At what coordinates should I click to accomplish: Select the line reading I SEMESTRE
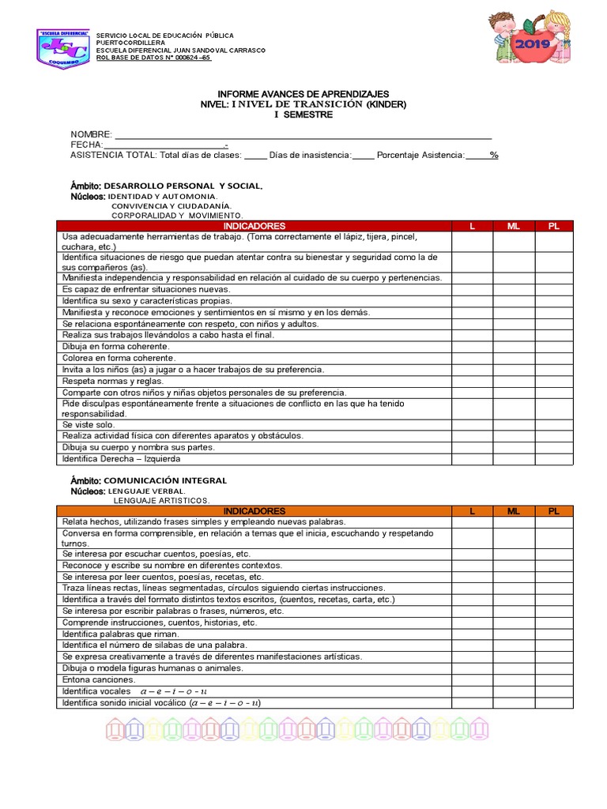(303, 115)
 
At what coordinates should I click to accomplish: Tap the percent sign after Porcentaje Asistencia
(494, 156)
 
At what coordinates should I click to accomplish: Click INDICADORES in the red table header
(254, 226)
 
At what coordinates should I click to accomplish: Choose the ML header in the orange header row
(514, 511)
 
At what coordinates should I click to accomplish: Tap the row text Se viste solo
(89, 424)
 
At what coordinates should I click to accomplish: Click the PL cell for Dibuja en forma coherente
(554, 346)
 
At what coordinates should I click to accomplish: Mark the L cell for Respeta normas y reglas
(473, 381)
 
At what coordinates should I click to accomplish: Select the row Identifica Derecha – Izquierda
(121, 459)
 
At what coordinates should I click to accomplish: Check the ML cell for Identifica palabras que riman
(514, 634)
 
